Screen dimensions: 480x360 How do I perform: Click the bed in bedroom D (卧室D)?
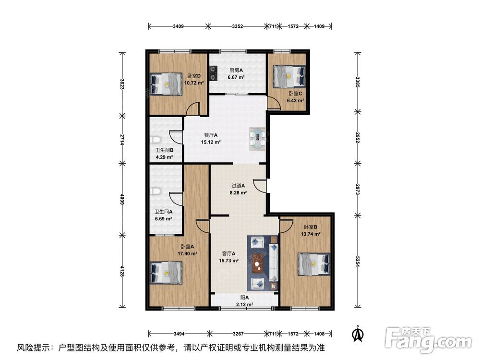166,84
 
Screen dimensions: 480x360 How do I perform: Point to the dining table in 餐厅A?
258,139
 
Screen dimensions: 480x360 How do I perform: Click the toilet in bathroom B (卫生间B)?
156,140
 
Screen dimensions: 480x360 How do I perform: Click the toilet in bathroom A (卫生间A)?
156,192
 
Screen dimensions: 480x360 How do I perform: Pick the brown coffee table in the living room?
259,265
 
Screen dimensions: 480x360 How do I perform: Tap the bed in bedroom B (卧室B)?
314,264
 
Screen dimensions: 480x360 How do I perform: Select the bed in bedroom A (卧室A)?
166,273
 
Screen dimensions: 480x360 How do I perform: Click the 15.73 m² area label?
228,261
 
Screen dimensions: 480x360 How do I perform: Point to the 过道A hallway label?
238,185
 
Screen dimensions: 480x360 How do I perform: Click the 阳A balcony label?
244,298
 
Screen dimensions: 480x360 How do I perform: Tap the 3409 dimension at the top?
178,26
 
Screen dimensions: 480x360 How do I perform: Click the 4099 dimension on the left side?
122,200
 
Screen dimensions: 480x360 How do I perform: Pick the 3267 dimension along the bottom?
238,334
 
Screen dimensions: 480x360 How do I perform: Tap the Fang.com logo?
428,340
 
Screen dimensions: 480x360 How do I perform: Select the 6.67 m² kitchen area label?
236,77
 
